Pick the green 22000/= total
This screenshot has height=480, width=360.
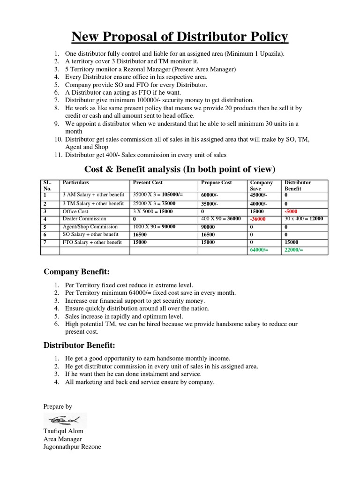pyautogui.click(x=294, y=250)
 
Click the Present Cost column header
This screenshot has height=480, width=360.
pyautogui.click(x=148, y=182)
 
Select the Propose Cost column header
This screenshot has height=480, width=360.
pyautogui.click(x=216, y=182)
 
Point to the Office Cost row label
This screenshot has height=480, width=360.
pyautogui.click(x=75, y=211)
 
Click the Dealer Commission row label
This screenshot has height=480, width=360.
pyautogui.click(x=85, y=219)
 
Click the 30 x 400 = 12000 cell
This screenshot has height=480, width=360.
pyautogui.click(x=303, y=219)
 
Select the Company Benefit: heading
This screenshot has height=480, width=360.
pyautogui.click(x=76, y=271)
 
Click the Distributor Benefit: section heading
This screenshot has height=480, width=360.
pyautogui.click(x=79, y=345)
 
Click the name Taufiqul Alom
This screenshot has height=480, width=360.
pyautogui.click(x=63, y=431)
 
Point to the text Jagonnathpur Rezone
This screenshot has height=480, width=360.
pyautogui.click(x=72, y=447)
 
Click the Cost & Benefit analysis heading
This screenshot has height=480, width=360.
pyautogui.click(x=180, y=169)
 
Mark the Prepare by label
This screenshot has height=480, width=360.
pyautogui.click(x=58, y=406)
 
